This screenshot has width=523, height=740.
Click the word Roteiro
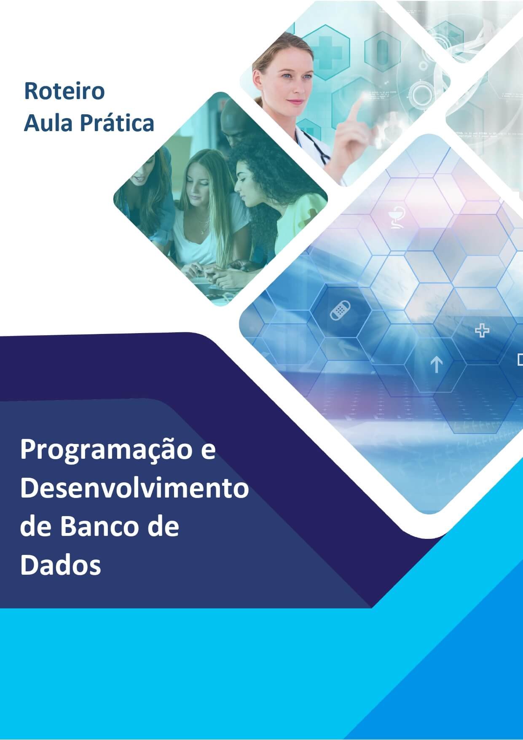tap(64, 91)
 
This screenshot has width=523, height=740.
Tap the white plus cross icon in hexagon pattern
tap(482, 331)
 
